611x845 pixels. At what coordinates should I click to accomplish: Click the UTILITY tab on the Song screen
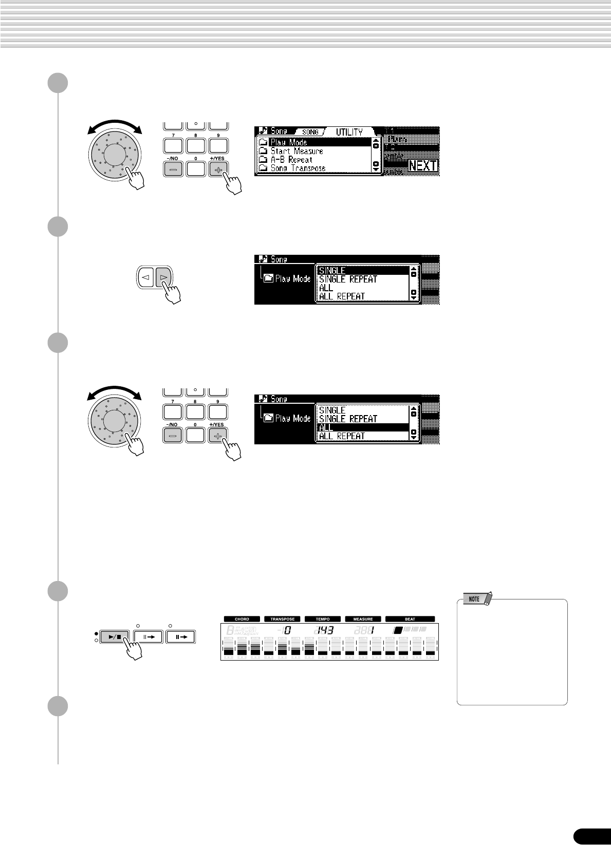click(349, 132)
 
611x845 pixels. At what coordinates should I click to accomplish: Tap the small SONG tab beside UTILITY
click(310, 132)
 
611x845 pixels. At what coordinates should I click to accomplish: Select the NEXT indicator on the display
click(422, 166)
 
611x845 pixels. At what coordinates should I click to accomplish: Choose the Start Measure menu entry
click(297, 151)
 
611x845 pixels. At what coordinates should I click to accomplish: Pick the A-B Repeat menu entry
click(291, 160)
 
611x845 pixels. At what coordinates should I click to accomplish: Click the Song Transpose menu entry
click(298, 168)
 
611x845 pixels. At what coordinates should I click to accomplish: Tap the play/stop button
click(115, 636)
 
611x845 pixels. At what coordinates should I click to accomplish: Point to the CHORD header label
click(242, 619)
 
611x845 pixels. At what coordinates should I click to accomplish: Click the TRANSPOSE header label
click(282, 619)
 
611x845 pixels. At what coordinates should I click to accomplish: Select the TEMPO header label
click(323, 619)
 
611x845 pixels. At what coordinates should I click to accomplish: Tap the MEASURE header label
click(363, 619)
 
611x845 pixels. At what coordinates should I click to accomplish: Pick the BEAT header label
click(410, 619)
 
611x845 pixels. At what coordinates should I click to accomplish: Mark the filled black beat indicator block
click(397, 629)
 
